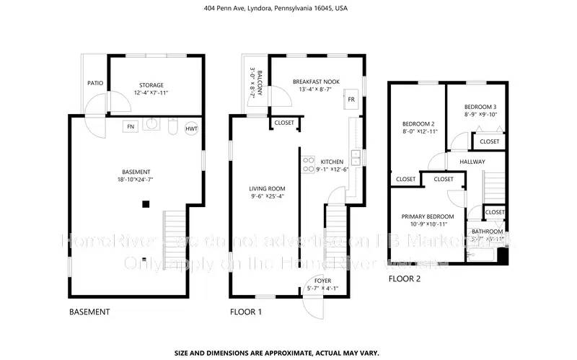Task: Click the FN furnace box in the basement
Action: pyautogui.click(x=131, y=127)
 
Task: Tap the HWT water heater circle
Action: pyautogui.click(x=192, y=128)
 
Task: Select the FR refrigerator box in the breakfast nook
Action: pyautogui.click(x=351, y=99)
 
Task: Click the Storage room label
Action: pyautogui.click(x=151, y=85)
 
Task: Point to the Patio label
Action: pyautogui.click(x=95, y=83)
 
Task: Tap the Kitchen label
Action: pyautogui.click(x=332, y=162)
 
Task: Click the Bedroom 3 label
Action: pyautogui.click(x=480, y=107)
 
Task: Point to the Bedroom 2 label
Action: pyautogui.click(x=418, y=123)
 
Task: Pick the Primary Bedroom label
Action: pyautogui.click(x=428, y=216)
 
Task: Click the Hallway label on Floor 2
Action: pyautogui.click(x=472, y=162)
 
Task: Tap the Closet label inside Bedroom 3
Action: pyautogui.click(x=490, y=141)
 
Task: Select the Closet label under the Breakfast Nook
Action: pyautogui.click(x=284, y=123)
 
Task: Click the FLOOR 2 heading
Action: pyautogui.click(x=405, y=278)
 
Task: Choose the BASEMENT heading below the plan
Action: pyautogui.click(x=89, y=312)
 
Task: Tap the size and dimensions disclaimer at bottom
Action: pyautogui.click(x=288, y=353)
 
